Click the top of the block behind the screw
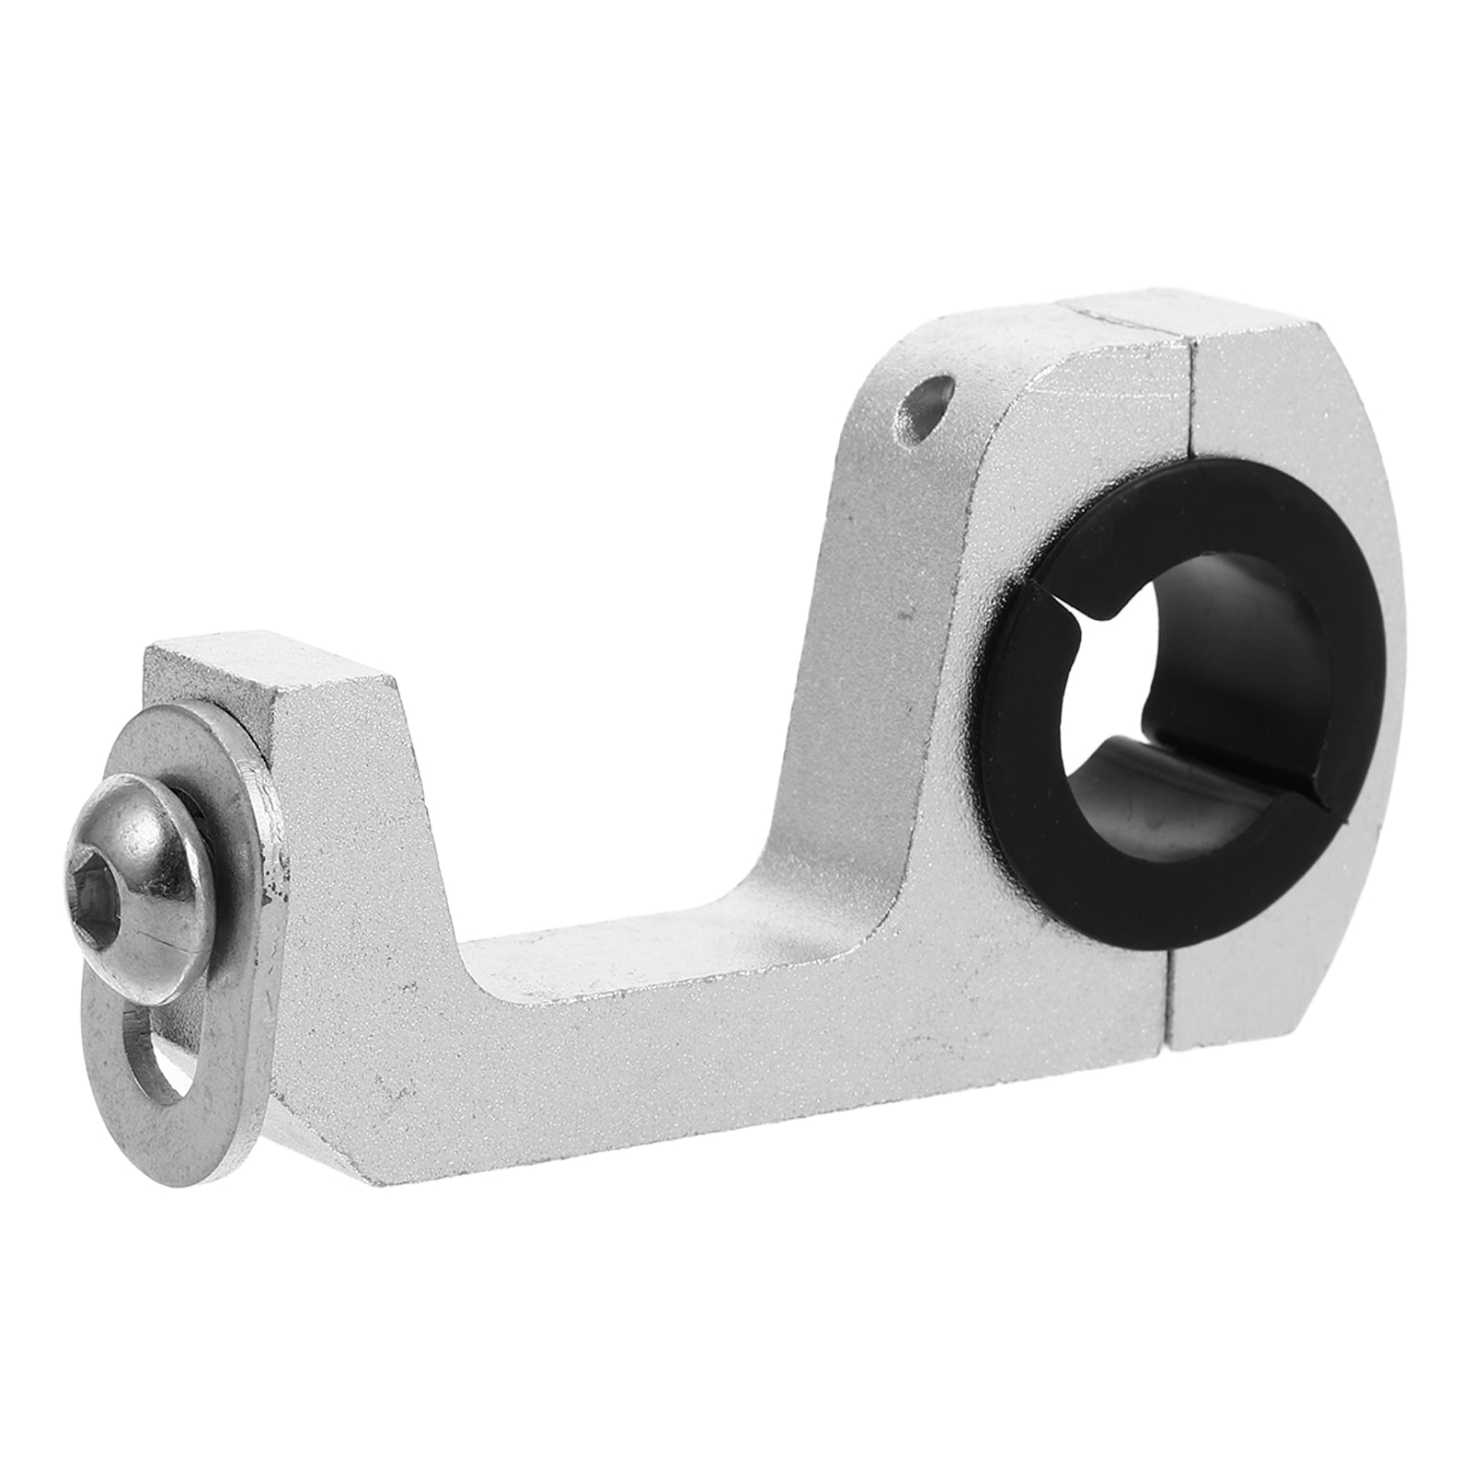(267, 662)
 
